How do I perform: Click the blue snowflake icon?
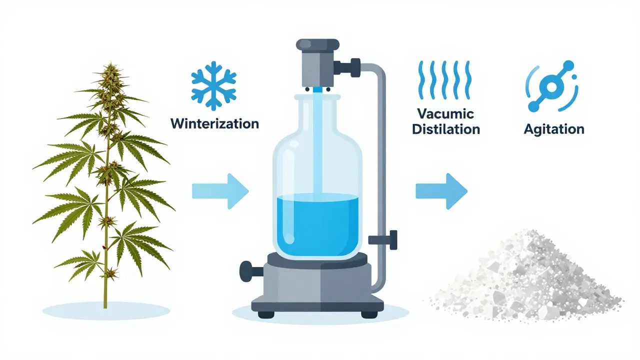pos(213,85)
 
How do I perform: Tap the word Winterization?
pos(214,123)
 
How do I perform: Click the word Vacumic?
pos(445,113)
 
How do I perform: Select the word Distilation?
pos(445,129)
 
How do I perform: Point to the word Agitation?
pos(554,130)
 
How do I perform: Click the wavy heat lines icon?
pos(444,80)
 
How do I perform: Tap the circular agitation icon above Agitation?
pos(551,86)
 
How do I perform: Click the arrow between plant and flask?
pos(220,191)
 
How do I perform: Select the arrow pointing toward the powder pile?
pos(441,191)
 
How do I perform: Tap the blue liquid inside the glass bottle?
pos(317,224)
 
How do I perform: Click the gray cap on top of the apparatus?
pos(317,45)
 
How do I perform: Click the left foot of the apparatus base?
pos(266,315)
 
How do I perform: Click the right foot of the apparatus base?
pos(369,315)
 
